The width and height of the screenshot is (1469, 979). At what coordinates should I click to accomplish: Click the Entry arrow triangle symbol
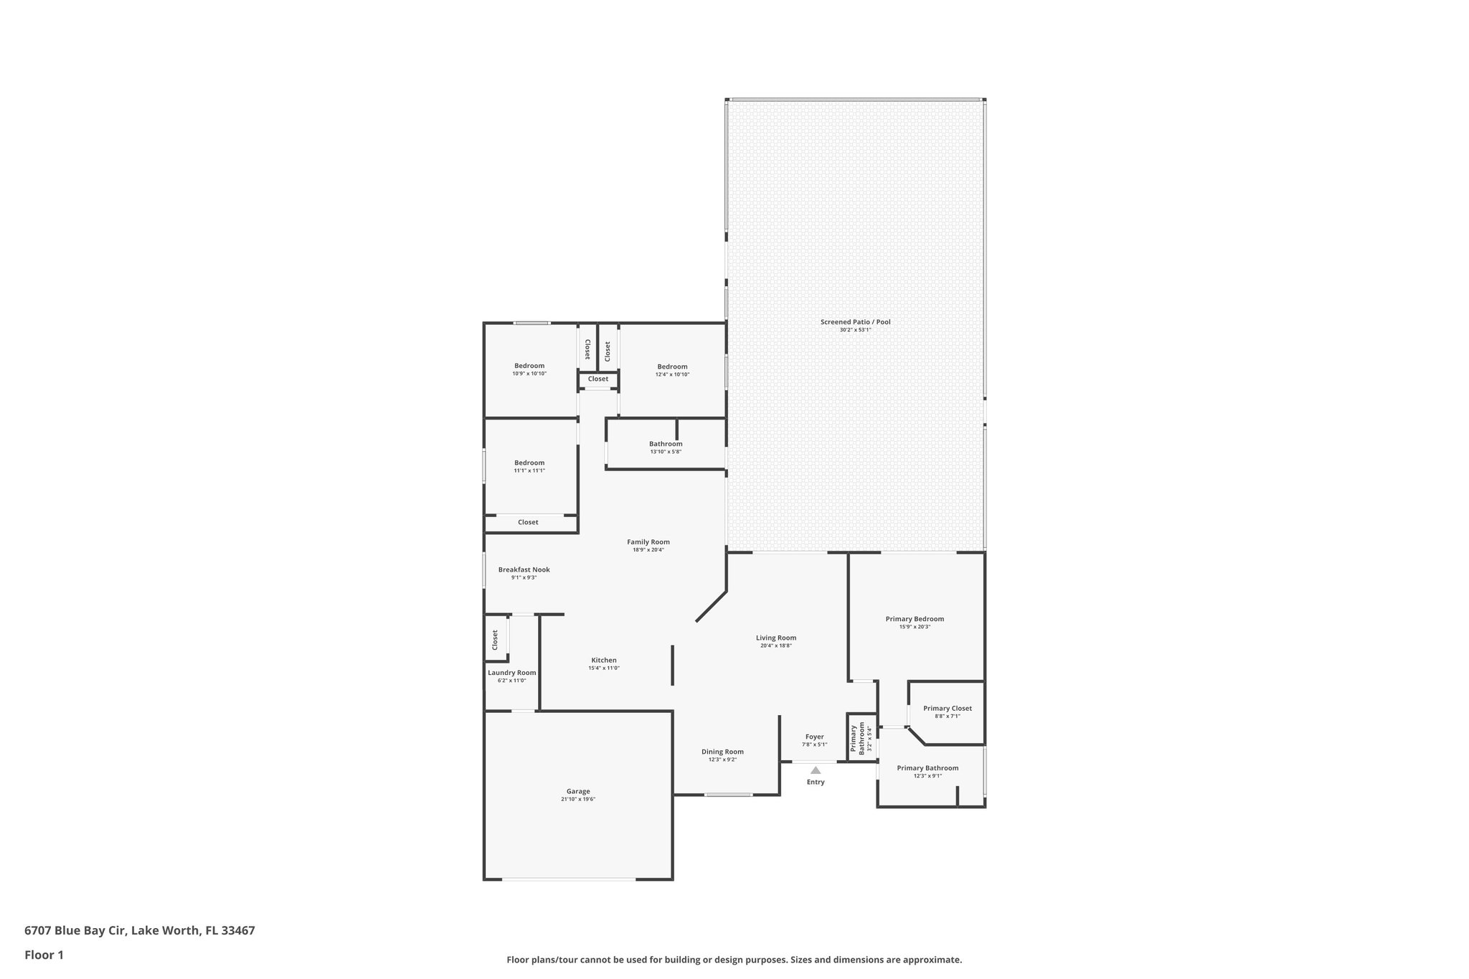pos(816,770)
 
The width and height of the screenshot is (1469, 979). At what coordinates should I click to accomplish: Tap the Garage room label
pos(578,791)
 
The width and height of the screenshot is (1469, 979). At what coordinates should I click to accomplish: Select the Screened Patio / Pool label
pos(855,322)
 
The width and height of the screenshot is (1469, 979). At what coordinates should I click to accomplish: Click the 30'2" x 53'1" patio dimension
pos(855,330)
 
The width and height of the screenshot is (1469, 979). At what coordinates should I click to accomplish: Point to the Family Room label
pos(648,542)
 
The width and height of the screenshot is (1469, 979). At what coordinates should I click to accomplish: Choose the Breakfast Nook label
pos(524,569)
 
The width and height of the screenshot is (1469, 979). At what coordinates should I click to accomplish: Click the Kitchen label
pos(604,660)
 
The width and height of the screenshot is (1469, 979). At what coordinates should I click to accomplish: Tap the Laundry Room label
pos(512,673)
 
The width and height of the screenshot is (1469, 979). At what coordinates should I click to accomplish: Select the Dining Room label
pos(722,752)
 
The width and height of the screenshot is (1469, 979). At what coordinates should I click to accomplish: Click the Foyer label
pos(815,737)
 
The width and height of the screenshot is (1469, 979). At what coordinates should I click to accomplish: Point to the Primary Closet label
pos(948,709)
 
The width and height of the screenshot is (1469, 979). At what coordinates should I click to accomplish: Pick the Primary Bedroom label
pos(915,619)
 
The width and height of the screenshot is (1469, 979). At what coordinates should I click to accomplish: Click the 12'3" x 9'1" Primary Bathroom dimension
pos(927,776)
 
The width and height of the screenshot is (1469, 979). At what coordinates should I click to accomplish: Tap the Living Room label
pos(776,638)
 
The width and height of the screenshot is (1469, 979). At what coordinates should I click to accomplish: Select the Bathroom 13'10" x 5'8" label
pos(666,444)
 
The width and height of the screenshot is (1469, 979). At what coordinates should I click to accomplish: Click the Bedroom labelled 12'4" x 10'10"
pos(672,366)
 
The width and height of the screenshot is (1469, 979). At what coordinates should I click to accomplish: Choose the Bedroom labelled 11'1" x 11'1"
pos(529,463)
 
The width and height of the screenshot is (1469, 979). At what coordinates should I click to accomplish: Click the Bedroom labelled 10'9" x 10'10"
pos(529,366)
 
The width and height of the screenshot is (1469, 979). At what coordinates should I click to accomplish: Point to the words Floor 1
pos(44,955)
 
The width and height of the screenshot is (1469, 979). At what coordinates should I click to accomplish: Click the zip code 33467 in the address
pos(238,931)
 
